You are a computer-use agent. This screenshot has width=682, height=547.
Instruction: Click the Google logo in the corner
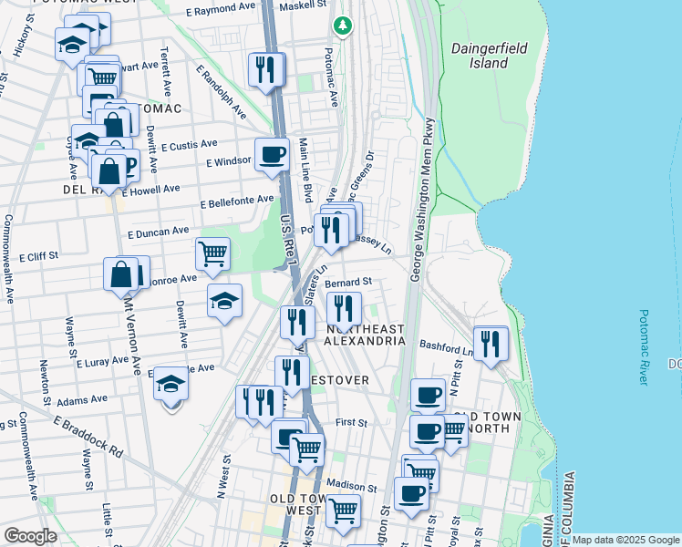click(x=29, y=536)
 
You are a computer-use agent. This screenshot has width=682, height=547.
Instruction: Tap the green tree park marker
click(x=343, y=26)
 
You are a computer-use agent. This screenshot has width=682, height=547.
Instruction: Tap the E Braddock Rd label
click(x=88, y=437)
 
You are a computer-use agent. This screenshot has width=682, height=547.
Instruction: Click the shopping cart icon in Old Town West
click(x=343, y=511)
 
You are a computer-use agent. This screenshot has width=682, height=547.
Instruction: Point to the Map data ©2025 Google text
click(x=625, y=540)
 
